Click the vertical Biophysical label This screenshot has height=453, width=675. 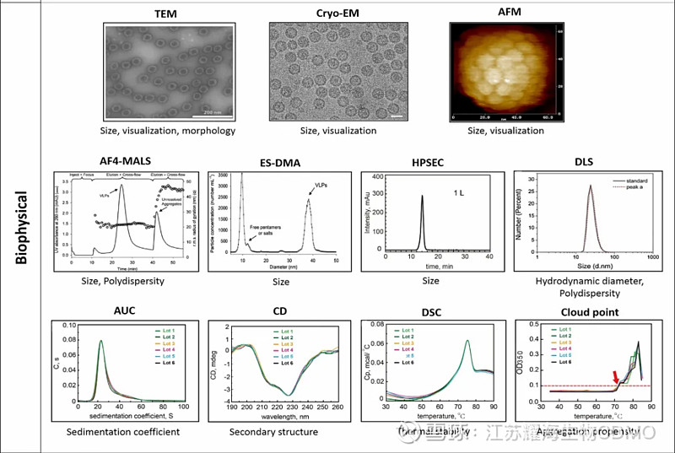(22, 227)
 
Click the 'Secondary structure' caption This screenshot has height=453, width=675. (273, 432)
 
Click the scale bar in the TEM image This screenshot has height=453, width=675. (208, 111)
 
